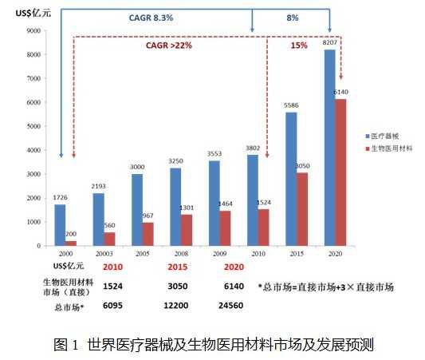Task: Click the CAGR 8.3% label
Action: click(x=151, y=16)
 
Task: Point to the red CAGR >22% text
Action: click(x=168, y=45)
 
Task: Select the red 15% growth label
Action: click(x=299, y=45)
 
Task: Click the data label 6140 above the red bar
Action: click(x=340, y=92)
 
